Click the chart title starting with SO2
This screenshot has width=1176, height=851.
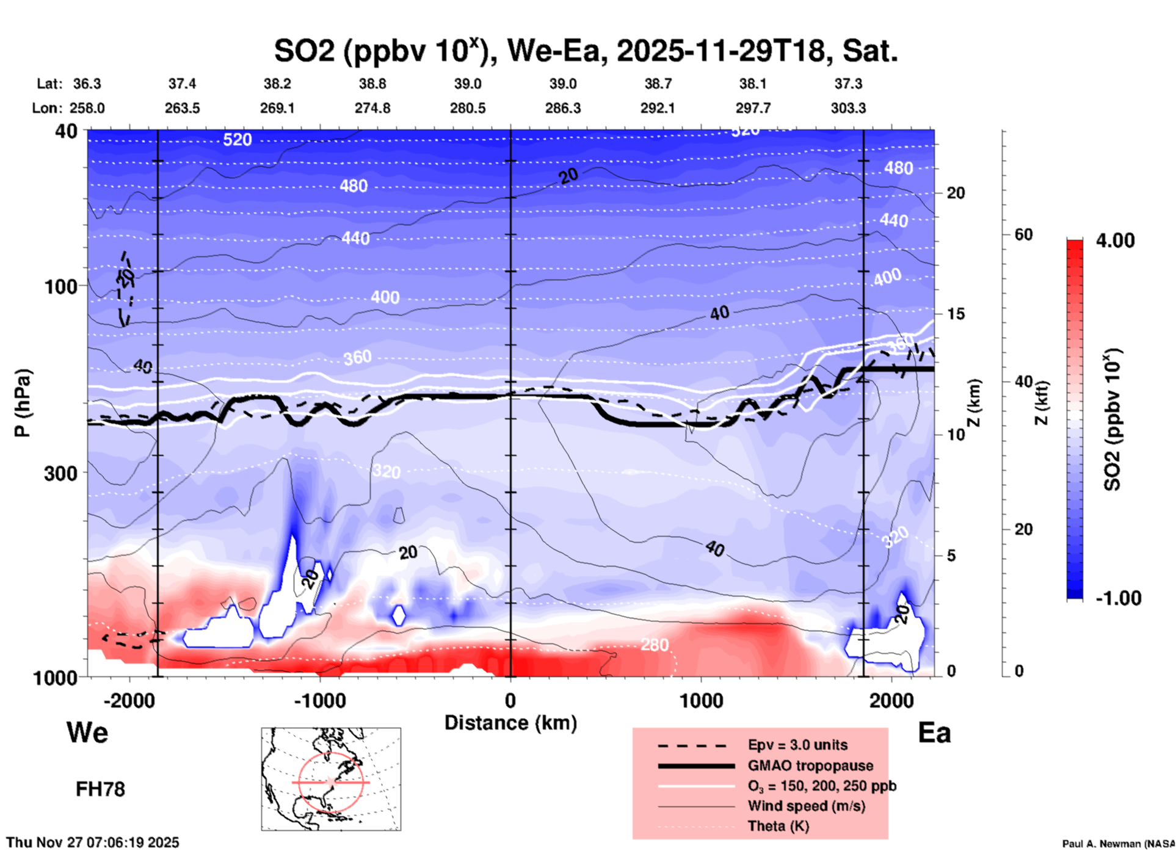[x=585, y=51]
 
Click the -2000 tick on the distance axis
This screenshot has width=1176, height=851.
[x=129, y=700]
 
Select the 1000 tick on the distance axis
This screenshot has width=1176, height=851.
[x=701, y=700]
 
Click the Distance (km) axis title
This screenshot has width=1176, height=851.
[x=510, y=723]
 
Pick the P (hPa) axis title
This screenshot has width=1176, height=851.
[x=23, y=403]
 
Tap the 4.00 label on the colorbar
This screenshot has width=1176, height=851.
[x=1115, y=241]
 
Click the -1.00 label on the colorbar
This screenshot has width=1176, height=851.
[x=1118, y=598]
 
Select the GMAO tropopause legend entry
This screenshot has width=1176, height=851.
[x=810, y=766]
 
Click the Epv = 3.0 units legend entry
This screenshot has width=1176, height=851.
[x=797, y=745]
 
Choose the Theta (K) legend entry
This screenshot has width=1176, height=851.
[x=778, y=826]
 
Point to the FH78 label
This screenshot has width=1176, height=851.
[x=100, y=789]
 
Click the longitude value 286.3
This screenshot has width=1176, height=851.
[x=562, y=109]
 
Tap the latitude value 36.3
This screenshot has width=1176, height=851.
[x=87, y=84]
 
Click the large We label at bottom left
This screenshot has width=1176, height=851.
[x=87, y=732]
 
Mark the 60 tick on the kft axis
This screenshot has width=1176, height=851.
[x=1023, y=234]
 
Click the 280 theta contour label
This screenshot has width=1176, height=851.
[x=654, y=645]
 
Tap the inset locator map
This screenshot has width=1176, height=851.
[x=331, y=778]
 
